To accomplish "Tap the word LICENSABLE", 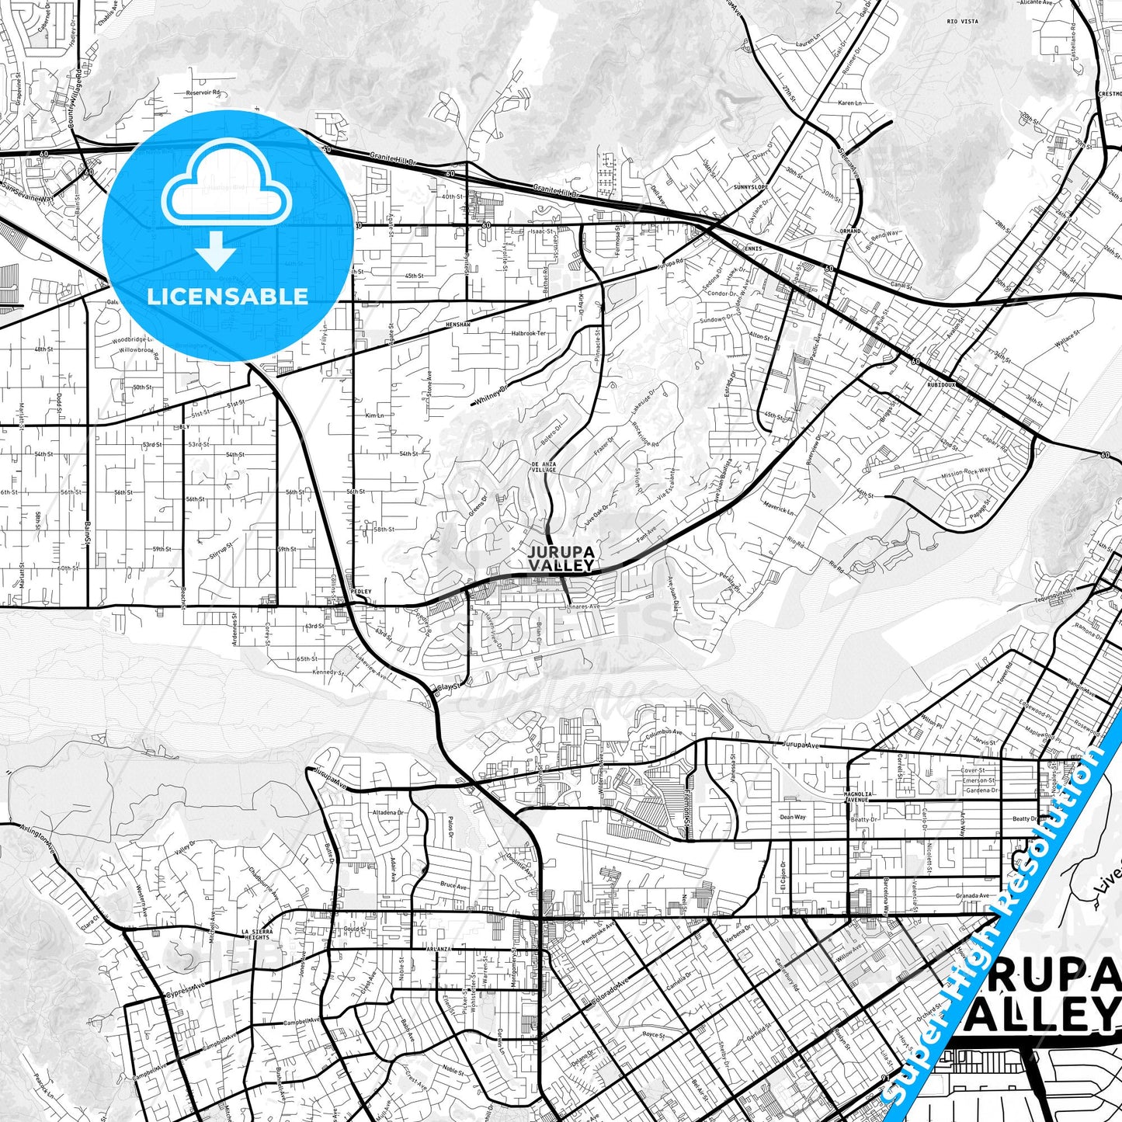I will coord(228,296).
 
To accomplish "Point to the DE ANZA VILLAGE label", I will coord(544,467).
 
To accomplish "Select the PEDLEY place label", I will coord(361,592).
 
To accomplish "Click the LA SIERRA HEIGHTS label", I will coord(257,934).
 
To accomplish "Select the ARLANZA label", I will coord(438,950).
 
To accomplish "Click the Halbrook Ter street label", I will coord(529,333).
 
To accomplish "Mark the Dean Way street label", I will coord(793,817).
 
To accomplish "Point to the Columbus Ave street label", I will coord(664,731).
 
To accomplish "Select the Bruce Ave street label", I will coord(453,885).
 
